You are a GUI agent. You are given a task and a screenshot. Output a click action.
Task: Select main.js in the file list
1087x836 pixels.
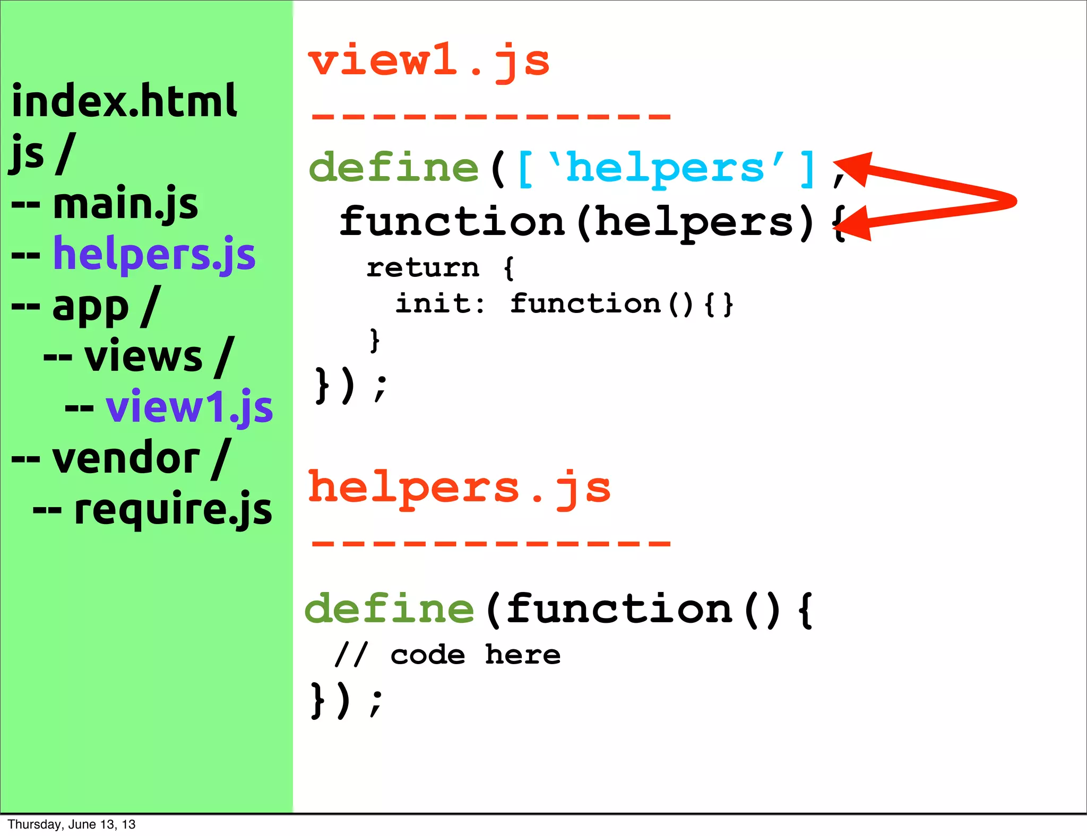click(x=125, y=204)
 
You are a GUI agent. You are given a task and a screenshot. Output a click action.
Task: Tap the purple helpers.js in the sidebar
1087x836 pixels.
click(x=154, y=255)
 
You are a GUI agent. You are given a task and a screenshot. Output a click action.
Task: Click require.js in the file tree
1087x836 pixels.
click(x=173, y=509)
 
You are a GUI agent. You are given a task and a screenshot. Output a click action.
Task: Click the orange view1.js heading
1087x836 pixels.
click(x=429, y=62)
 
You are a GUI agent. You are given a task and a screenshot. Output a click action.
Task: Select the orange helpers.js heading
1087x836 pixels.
click(x=459, y=488)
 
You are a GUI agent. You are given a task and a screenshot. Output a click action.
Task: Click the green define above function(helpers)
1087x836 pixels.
click(x=394, y=168)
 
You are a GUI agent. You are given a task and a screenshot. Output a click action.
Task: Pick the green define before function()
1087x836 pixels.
click(x=390, y=609)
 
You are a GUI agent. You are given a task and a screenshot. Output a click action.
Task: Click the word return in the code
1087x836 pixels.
click(x=423, y=267)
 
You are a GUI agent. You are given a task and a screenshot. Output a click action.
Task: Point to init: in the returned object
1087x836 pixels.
click(x=441, y=303)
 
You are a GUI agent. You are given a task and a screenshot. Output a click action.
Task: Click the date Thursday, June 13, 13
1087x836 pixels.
click(x=72, y=824)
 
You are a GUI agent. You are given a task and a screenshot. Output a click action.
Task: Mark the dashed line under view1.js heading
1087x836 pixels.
click(x=491, y=116)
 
